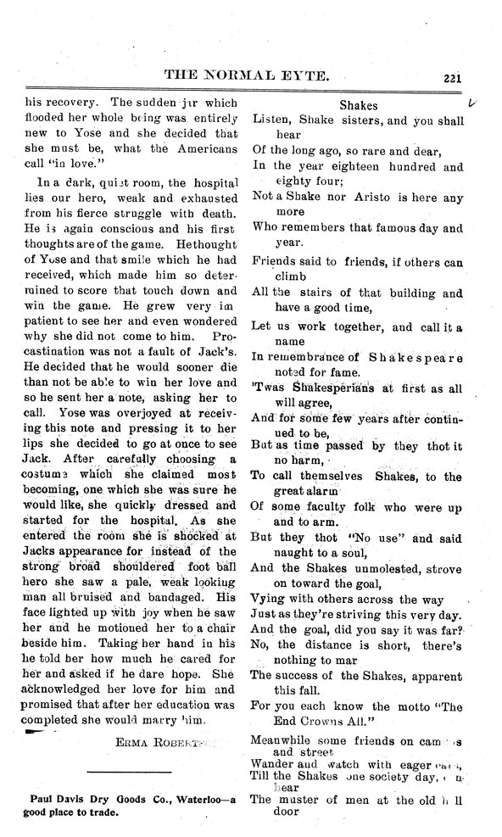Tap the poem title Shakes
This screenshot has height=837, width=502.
tap(358, 106)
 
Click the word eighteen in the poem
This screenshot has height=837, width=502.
tap(368, 166)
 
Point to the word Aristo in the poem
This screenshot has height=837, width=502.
tap(384, 196)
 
